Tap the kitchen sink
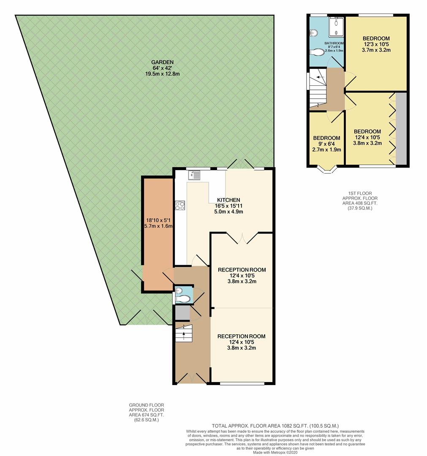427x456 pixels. pos(194,174)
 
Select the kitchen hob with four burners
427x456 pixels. pos(180,206)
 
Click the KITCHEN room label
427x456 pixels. pos(228,200)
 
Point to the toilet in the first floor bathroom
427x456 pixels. pos(318,52)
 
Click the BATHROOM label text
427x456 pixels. pos(334,43)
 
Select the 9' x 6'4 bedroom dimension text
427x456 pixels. pos(326,144)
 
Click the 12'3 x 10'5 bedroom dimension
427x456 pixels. pos(376,44)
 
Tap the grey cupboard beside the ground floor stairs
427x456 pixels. pos(182,313)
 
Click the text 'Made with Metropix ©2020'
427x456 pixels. pos(275,453)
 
